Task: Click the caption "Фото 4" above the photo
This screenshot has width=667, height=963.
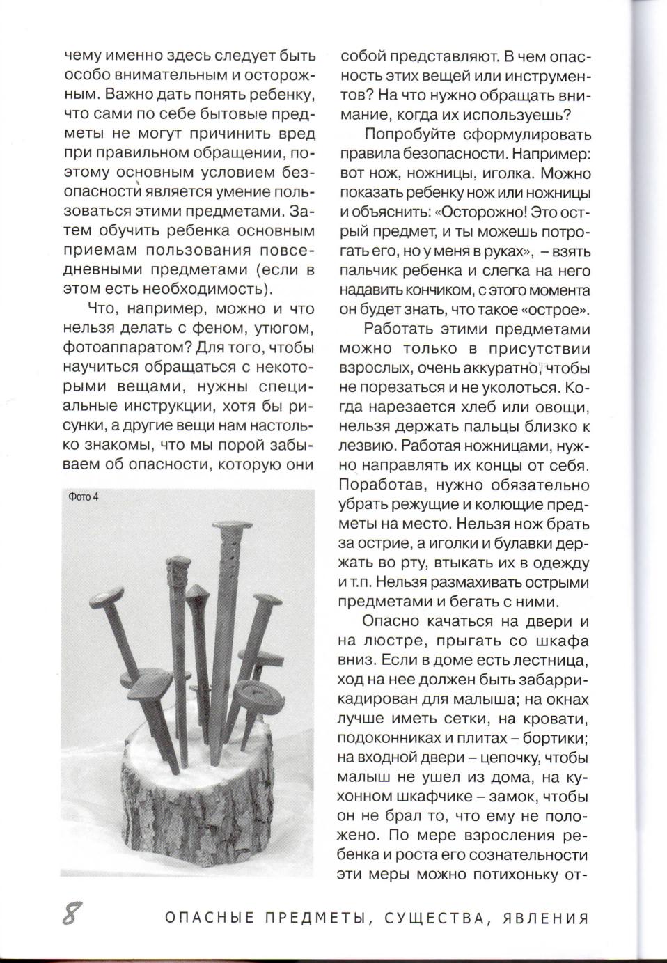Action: click(84, 496)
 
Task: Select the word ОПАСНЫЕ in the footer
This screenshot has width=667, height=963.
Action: click(210, 918)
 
